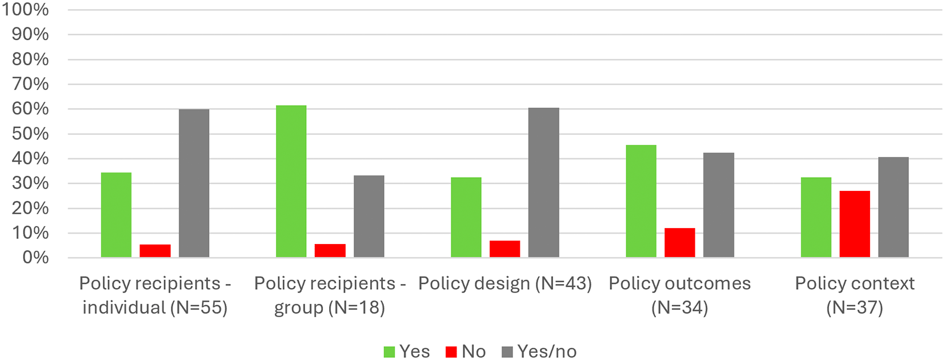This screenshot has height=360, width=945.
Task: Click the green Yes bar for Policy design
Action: [466, 217]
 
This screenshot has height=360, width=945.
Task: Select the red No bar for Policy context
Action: [855, 224]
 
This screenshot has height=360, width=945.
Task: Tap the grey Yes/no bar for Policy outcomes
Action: [718, 205]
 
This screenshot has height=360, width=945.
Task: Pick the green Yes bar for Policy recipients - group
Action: [291, 182]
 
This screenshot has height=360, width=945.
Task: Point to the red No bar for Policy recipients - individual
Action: [155, 251]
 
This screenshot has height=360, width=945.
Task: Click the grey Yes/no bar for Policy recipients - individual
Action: [194, 183]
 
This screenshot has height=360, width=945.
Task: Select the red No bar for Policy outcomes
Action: [680, 243]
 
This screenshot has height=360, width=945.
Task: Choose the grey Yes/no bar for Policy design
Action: [544, 183]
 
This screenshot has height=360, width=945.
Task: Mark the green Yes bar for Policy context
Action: [816, 217]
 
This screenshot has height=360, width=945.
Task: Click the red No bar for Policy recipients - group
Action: [330, 251]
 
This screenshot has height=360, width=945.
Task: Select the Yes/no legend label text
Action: [547, 351]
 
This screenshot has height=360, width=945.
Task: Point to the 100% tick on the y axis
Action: [25, 9]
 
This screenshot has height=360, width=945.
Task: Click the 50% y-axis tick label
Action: [30, 134]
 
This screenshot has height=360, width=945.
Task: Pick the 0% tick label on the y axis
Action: [35, 258]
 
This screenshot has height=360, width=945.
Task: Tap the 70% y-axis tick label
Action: [30, 84]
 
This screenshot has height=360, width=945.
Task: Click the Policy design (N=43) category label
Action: [505, 283]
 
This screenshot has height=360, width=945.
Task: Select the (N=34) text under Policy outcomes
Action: [680, 307]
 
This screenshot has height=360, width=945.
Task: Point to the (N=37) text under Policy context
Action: [855, 307]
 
